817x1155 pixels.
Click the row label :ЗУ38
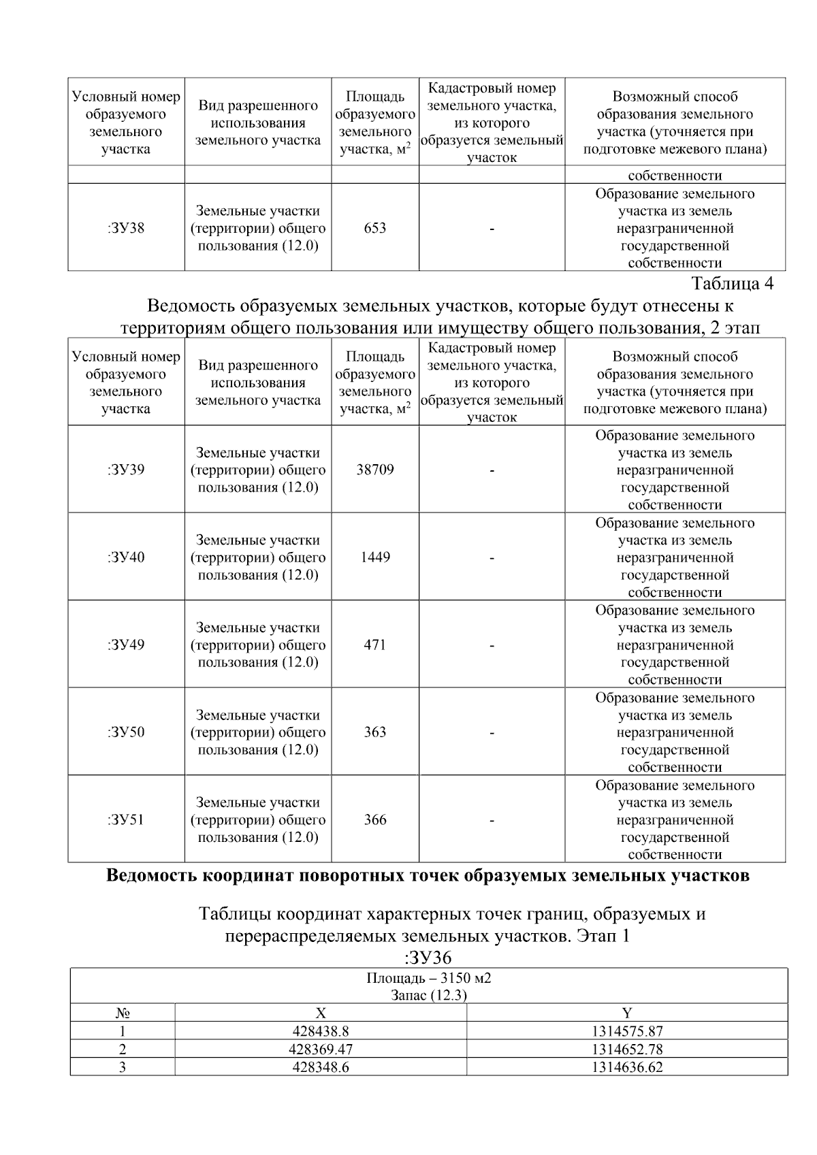pyautogui.click(x=126, y=228)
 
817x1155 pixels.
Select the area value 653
pyautogui.click(x=375, y=228)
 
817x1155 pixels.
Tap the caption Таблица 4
pyautogui.click(x=733, y=283)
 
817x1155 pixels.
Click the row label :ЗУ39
pyautogui.click(x=126, y=470)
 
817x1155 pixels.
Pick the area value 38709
pyautogui.click(x=375, y=470)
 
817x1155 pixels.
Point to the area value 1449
pyautogui.click(x=375, y=557)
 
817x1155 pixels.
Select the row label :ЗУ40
pyautogui.click(x=126, y=557)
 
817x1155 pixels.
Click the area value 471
pyautogui.click(x=375, y=645)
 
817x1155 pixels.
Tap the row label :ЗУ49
pyautogui.click(x=126, y=645)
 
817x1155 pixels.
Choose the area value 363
pyautogui.click(x=375, y=732)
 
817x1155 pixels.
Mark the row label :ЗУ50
pyautogui.click(x=126, y=732)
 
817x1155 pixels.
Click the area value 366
pyautogui.click(x=375, y=819)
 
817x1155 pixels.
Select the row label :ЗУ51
pyautogui.click(x=126, y=819)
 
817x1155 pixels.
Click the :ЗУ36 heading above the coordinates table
pyautogui.click(x=428, y=958)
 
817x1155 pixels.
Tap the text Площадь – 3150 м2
pyautogui.click(x=429, y=979)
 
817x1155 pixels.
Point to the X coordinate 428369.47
pyautogui.click(x=321, y=1050)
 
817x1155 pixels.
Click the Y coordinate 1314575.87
pyautogui.click(x=627, y=1032)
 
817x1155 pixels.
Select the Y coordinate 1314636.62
pyautogui.click(x=627, y=1067)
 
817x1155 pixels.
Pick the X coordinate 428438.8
pyautogui.click(x=321, y=1032)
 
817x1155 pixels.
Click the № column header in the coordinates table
pyautogui.click(x=123, y=1013)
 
